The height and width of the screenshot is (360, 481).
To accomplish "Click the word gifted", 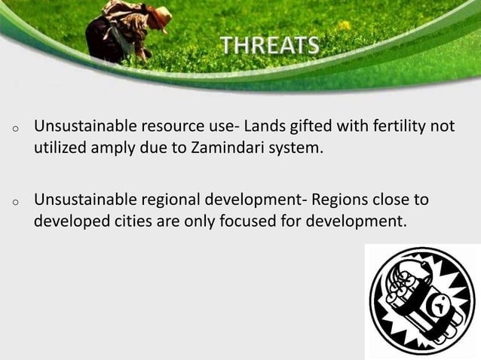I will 323,126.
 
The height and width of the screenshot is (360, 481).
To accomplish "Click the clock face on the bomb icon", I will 437,307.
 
